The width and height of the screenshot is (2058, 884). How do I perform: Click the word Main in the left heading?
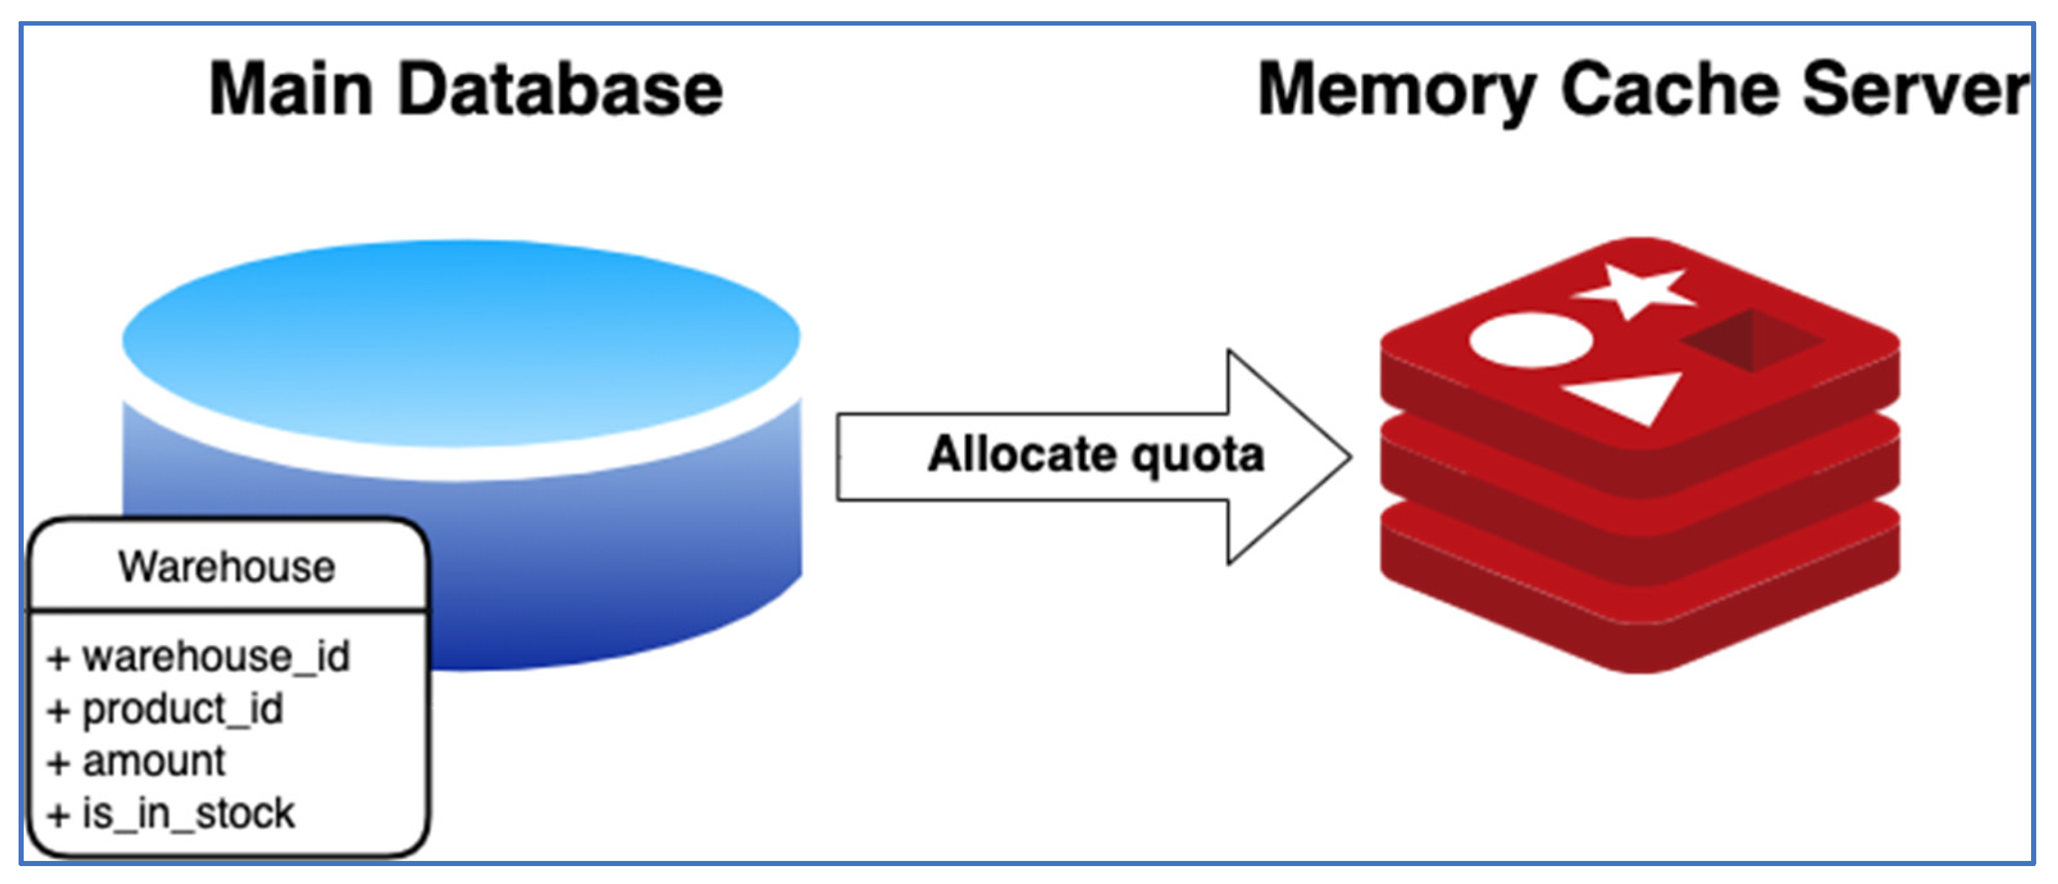tap(291, 90)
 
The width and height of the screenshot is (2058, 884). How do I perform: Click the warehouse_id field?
tap(216, 657)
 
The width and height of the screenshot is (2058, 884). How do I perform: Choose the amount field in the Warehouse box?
tap(153, 761)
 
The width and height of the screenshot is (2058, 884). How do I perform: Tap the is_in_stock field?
tap(188, 814)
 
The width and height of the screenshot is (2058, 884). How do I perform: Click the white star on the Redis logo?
tap(1634, 290)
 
